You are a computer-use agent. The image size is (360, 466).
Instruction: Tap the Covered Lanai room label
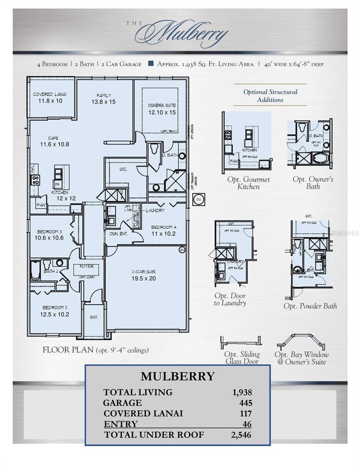coord(49,94)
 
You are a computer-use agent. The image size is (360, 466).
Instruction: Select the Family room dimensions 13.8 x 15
coord(103,102)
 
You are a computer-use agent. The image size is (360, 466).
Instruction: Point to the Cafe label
coord(54,138)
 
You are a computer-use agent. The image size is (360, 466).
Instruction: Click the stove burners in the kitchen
coord(35,179)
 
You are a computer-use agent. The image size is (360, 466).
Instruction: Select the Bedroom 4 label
coord(163,227)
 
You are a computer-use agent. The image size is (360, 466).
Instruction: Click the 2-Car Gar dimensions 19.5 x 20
coord(144,278)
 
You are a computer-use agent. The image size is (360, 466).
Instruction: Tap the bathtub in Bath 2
coord(35,271)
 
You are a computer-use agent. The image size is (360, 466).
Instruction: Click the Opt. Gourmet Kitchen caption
coord(249,183)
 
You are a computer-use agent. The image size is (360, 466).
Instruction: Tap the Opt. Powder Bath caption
coord(310,306)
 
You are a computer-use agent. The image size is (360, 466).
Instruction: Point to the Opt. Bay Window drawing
coord(301,342)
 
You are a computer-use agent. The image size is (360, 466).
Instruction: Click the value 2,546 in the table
coord(241,435)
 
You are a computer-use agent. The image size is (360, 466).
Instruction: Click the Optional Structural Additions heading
coord(270,96)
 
